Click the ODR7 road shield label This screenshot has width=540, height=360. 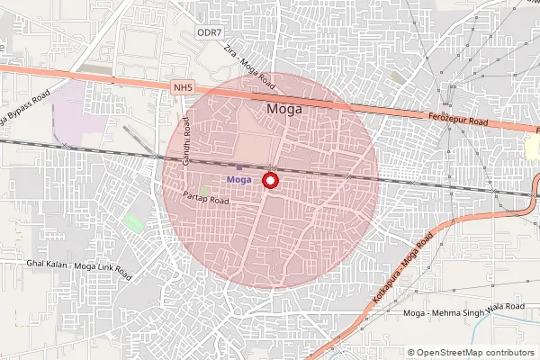click(x=208, y=33)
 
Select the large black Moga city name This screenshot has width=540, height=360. click(x=285, y=109)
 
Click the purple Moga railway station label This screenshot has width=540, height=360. click(x=238, y=180)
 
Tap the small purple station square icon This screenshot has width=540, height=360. click(x=238, y=167)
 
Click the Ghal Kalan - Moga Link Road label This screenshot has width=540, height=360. click(x=79, y=268)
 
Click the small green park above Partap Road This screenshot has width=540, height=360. click(x=206, y=191)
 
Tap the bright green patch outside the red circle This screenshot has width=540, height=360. click(x=133, y=222)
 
